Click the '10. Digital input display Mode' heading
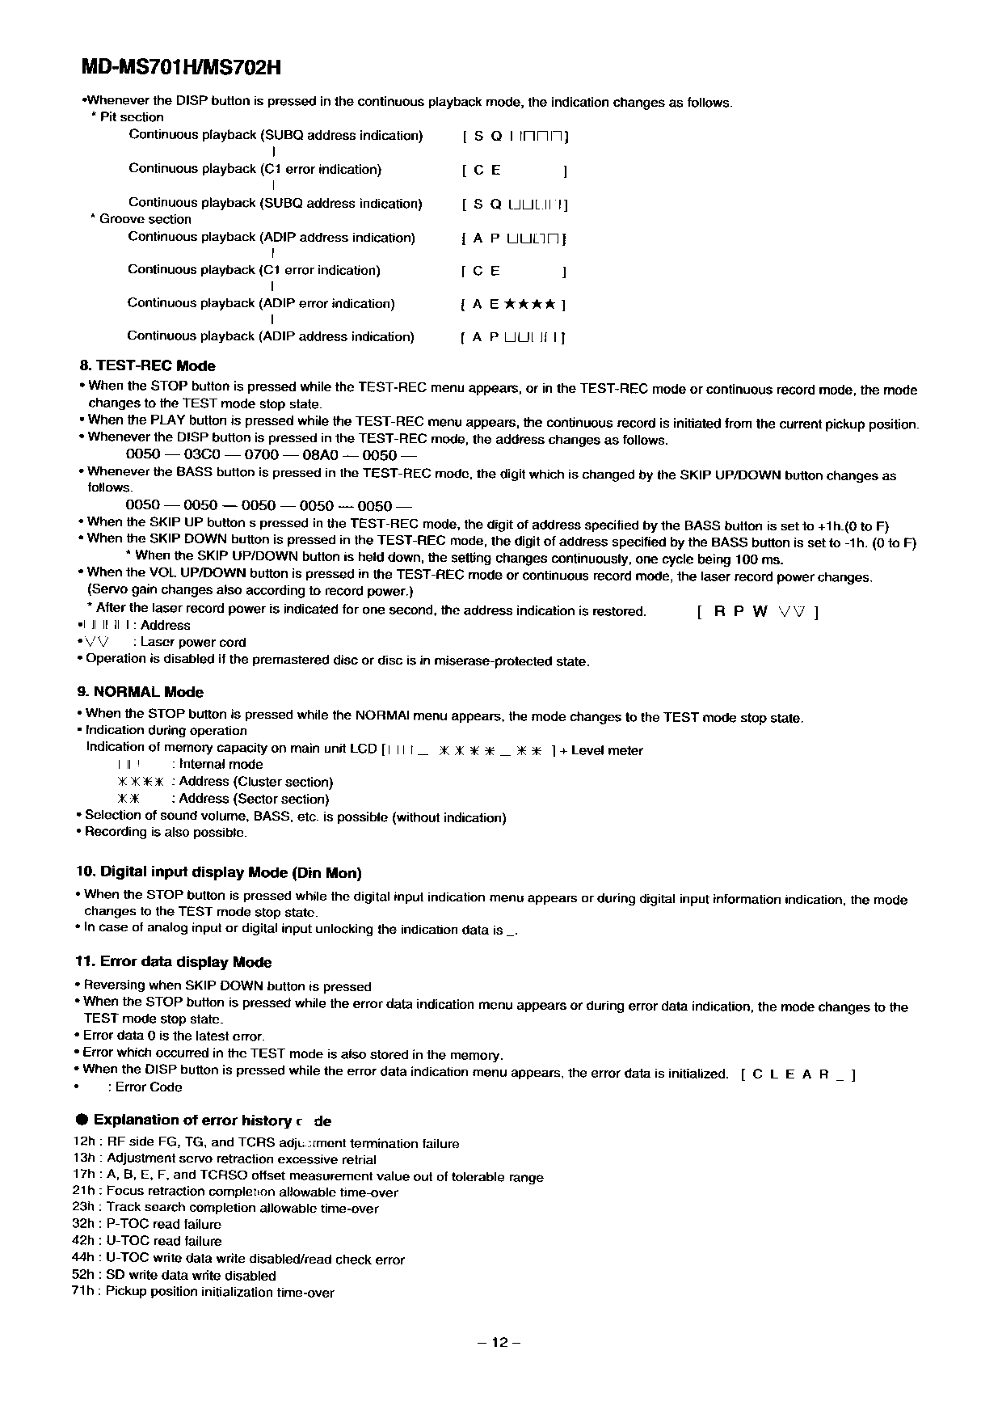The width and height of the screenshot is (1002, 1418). coord(219,872)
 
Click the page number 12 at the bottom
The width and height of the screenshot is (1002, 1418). coord(499,1343)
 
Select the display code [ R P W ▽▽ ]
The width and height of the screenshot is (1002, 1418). coord(758,611)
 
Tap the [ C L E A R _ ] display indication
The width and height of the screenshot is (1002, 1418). coord(798,1074)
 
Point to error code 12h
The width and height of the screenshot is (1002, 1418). coord(83,1143)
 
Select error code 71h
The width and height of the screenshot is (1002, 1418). coord(83,1291)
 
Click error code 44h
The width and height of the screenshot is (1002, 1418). coord(83,1258)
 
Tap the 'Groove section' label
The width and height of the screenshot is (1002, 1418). coord(145,219)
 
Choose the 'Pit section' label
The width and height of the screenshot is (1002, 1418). coord(131,117)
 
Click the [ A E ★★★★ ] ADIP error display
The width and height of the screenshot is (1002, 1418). coord(512,305)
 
